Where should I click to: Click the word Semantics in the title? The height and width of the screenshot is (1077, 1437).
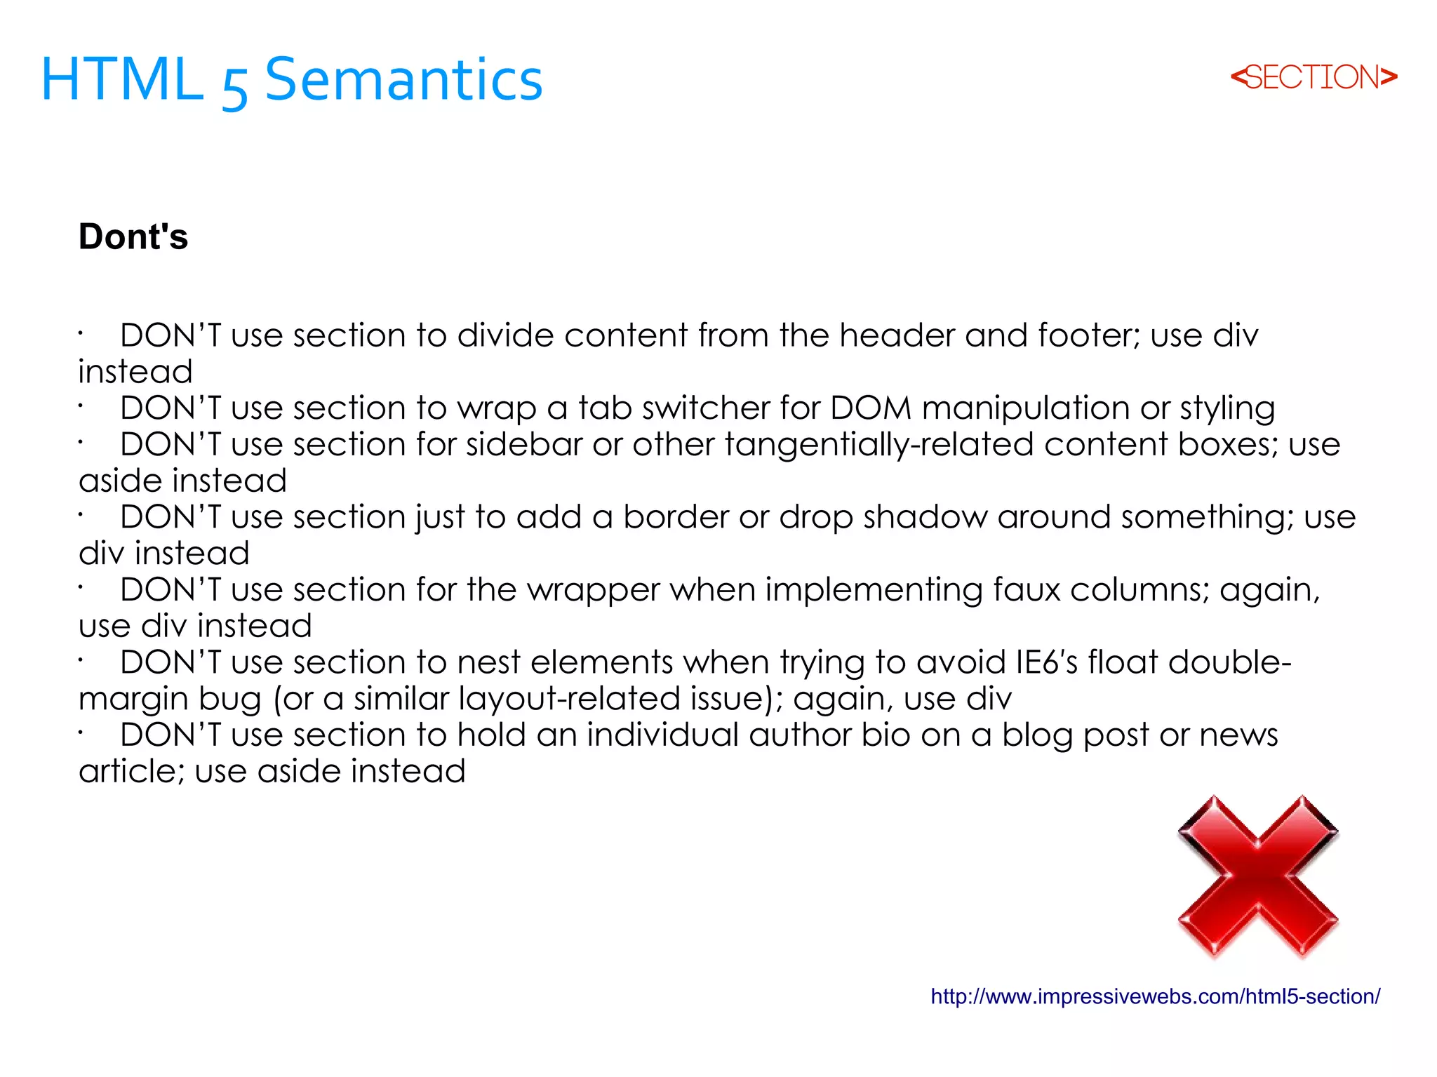[403, 79]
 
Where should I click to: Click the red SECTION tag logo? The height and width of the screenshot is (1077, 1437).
[1314, 77]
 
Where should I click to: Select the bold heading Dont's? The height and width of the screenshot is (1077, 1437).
[133, 236]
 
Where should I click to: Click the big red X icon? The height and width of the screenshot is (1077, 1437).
[1258, 876]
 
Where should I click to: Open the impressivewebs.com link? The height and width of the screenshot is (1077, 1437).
[1155, 996]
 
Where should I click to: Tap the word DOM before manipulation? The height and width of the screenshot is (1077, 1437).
[871, 408]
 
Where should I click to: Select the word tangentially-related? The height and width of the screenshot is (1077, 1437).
[879, 445]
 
